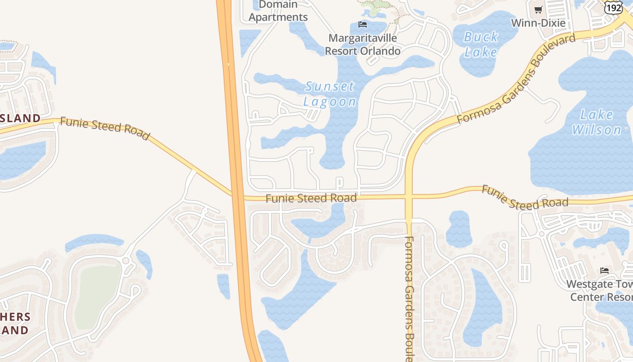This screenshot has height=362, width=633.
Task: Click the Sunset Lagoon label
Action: [x=330, y=94]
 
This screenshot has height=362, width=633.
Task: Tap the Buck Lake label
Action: [x=481, y=44]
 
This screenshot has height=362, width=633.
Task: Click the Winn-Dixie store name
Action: [x=538, y=23]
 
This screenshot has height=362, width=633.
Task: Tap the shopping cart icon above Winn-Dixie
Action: [x=538, y=10]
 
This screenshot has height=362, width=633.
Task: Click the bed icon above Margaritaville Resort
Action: [x=362, y=24]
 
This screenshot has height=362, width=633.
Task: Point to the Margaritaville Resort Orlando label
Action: [x=363, y=44]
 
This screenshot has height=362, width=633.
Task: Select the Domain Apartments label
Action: [x=278, y=11]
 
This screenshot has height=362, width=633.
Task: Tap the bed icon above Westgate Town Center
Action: [x=605, y=271]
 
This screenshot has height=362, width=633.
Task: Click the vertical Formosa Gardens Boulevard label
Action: [x=409, y=299]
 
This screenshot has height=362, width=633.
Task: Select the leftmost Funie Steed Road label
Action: [x=104, y=129]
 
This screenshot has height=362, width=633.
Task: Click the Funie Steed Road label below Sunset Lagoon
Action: [x=311, y=198]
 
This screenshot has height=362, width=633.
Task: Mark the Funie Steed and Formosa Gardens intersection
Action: [x=409, y=197]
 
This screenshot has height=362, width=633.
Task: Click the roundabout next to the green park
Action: [x=126, y=261]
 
